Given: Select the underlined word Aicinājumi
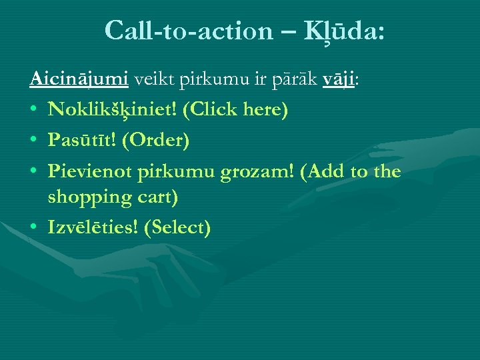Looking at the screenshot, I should (x=79, y=80).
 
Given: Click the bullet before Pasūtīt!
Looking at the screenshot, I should (x=35, y=141).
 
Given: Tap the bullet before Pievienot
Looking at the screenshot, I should (x=35, y=171).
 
